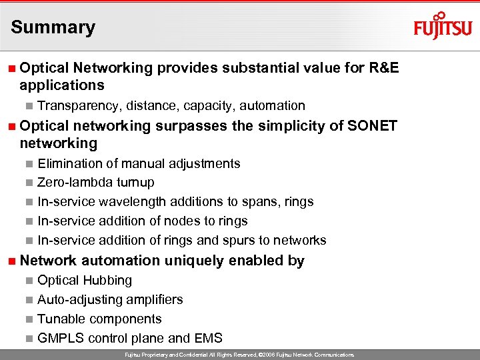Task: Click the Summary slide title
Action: (x=53, y=27)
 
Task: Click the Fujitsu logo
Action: (x=442, y=27)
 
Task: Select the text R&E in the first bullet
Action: (x=383, y=67)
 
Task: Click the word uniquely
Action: (x=195, y=261)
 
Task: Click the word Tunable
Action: (x=59, y=319)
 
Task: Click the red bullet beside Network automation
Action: (x=12, y=261)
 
